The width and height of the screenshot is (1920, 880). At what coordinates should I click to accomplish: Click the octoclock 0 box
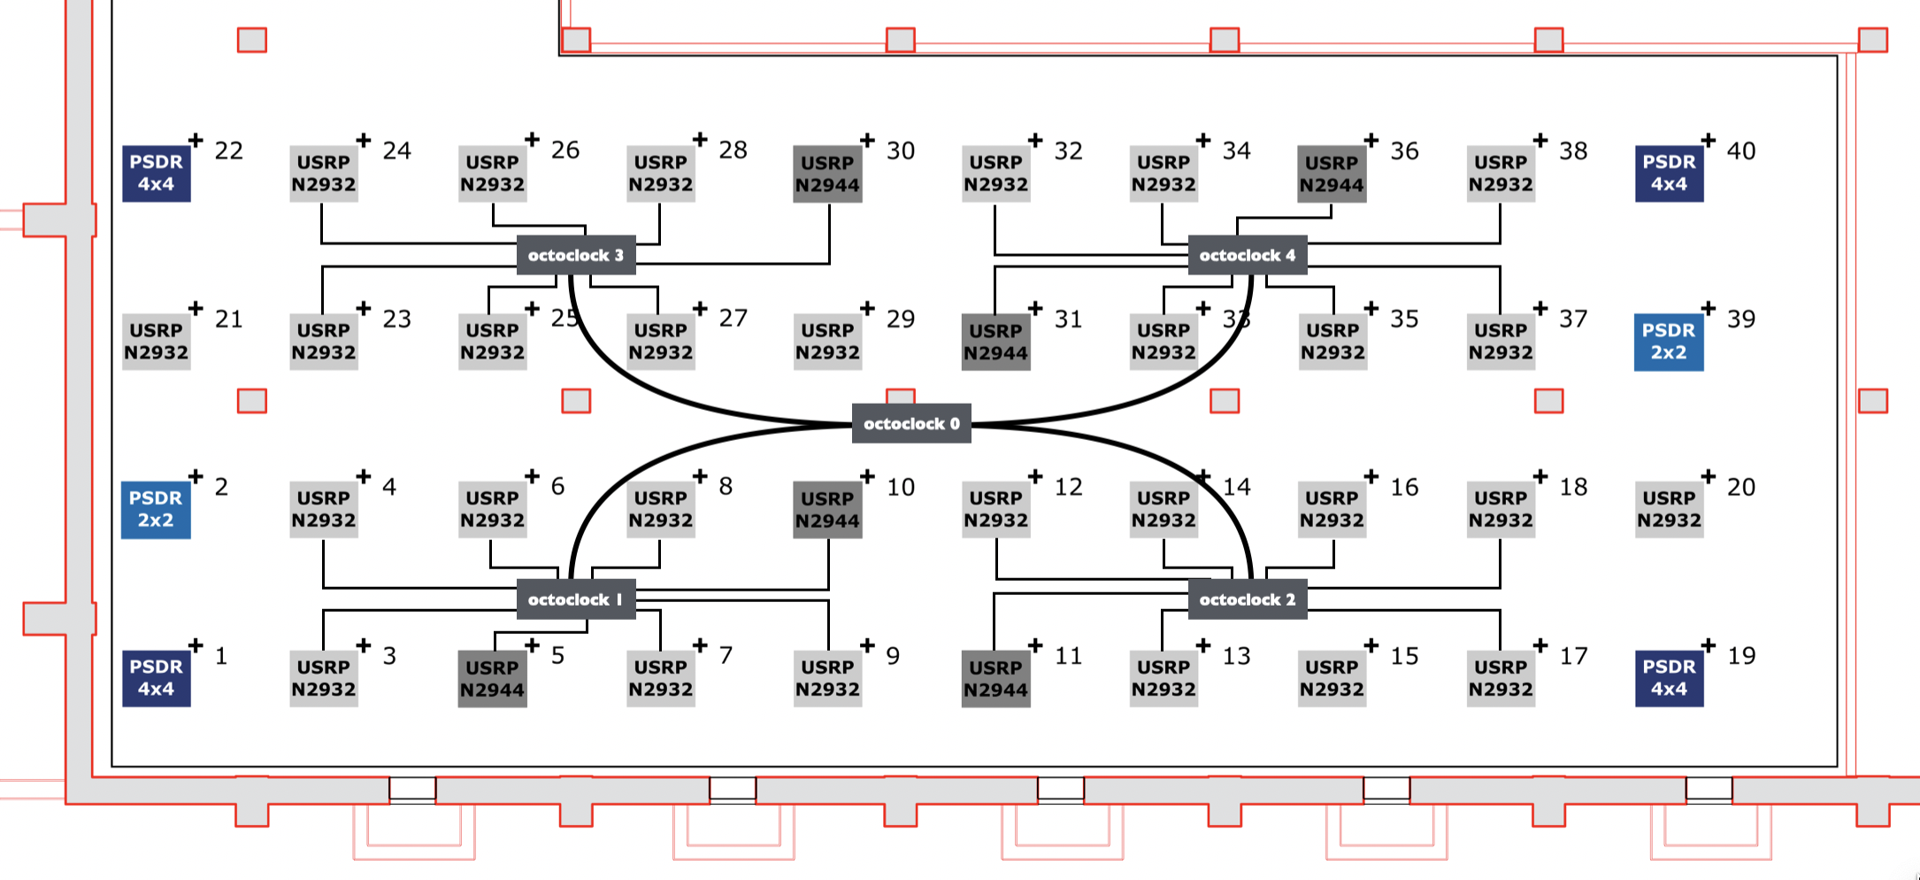[x=910, y=423]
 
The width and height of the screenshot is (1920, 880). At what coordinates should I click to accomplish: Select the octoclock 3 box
[x=576, y=255]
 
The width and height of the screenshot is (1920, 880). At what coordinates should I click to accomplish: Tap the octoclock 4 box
[x=1247, y=255]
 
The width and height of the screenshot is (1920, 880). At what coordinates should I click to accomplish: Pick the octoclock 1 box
[x=576, y=599]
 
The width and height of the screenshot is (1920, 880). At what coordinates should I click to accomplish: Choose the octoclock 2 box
[x=1247, y=599]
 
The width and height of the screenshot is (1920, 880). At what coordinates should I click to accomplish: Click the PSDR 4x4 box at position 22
[x=157, y=174]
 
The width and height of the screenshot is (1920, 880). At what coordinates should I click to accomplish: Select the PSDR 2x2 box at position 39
[x=1668, y=342]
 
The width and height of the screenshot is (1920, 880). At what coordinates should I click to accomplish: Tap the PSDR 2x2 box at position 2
[x=156, y=510]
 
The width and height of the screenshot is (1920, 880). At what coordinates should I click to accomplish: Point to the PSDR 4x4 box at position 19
[x=1669, y=678]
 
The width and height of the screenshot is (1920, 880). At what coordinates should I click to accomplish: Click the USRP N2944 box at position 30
[x=827, y=174]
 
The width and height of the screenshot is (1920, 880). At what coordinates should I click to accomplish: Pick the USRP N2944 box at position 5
[x=492, y=679]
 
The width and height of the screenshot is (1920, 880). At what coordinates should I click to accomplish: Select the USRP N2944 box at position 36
[x=1332, y=174]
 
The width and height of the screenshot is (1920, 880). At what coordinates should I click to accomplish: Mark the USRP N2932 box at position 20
[x=1669, y=510]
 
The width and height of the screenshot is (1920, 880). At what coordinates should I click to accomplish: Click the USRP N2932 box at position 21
[x=157, y=342]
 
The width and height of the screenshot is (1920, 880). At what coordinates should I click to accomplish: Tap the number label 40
[x=1740, y=151]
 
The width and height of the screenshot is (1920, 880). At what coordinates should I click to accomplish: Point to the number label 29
[x=900, y=320]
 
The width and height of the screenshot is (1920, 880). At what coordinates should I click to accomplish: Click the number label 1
[x=221, y=656]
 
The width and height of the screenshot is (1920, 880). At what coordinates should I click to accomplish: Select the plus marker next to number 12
[x=1035, y=476]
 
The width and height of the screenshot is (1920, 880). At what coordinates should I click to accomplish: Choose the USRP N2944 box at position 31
[x=995, y=342]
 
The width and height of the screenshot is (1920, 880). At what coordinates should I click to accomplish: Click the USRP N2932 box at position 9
[x=827, y=678]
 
